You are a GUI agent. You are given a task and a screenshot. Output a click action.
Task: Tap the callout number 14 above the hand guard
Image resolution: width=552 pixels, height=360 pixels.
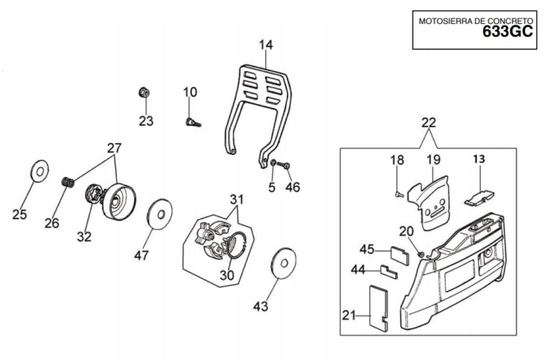(x=265, y=45)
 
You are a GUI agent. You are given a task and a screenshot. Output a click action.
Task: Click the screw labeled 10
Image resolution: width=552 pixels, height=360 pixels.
(x=192, y=122)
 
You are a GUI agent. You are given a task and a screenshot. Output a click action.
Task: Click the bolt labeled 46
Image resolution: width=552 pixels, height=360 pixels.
(x=286, y=164)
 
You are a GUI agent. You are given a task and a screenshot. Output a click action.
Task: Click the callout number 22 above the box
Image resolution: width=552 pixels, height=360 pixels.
(x=428, y=123)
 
